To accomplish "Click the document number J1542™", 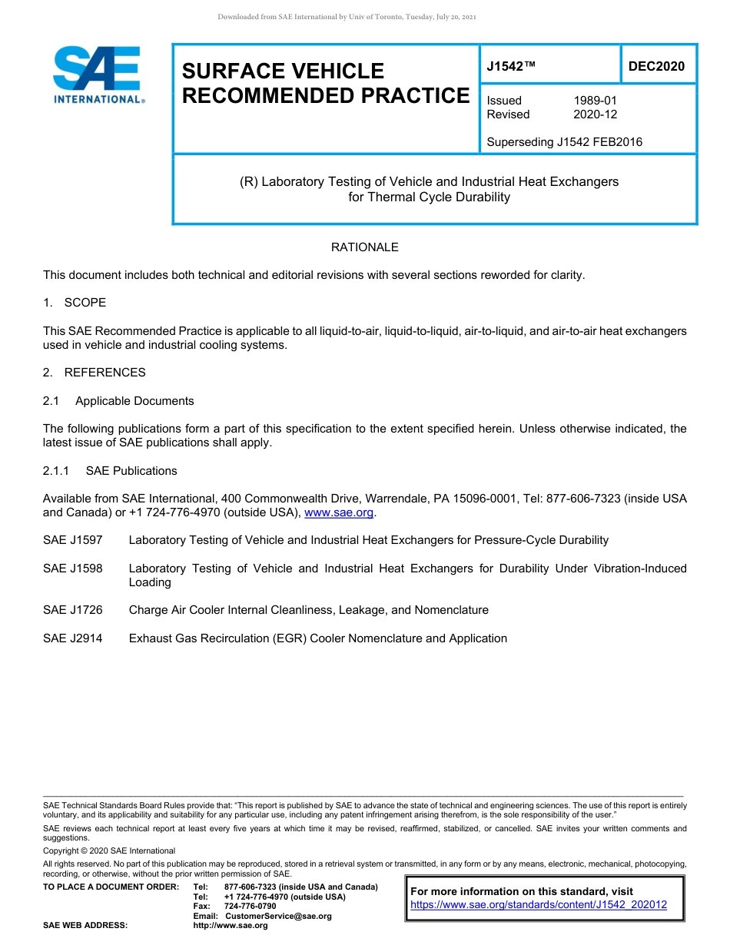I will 510,67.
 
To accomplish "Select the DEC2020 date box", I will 656,67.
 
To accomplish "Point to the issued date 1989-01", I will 595,101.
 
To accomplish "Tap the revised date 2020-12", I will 595,114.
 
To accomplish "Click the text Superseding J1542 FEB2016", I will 564,142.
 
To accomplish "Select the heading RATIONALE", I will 364,247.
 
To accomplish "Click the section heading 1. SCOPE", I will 75,303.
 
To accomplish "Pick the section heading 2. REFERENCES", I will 94,373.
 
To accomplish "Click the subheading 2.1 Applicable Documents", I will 118,401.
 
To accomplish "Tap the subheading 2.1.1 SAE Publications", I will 110,471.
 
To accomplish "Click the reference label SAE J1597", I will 72,540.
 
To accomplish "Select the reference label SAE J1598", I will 72,569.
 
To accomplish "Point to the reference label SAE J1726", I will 72,610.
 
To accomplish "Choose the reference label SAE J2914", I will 72,638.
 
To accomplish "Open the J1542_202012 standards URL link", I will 539,905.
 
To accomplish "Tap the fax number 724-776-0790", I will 250,907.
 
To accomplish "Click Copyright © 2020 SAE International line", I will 109,850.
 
